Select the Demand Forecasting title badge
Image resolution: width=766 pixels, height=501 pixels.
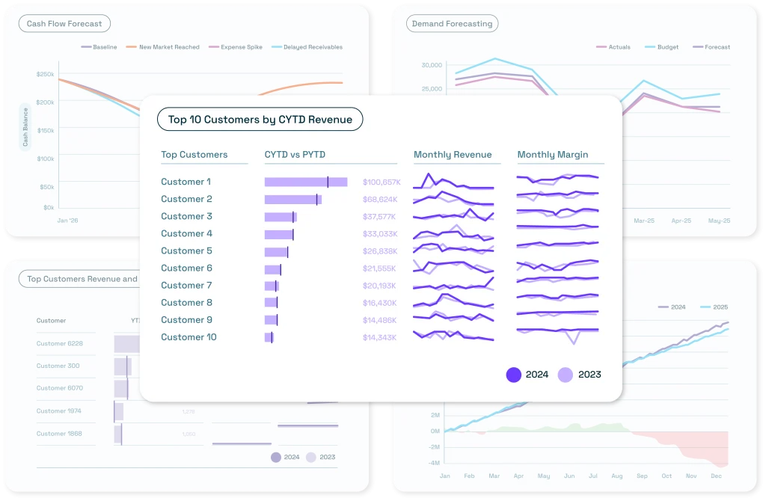coord(452,24)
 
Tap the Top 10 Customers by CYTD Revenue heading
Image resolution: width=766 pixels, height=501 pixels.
coord(260,120)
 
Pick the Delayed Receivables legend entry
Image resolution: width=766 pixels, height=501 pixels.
coord(306,47)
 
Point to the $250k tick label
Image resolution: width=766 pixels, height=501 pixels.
coord(45,74)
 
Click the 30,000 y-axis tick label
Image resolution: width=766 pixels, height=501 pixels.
coord(432,65)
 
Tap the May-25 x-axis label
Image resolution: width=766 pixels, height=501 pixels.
coord(719,221)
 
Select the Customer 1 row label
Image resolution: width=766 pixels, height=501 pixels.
coord(186,182)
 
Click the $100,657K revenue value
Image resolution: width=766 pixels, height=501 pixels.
coord(382,182)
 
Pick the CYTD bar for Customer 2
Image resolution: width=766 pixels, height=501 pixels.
coord(292,200)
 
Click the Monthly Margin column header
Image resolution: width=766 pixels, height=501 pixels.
coord(552,155)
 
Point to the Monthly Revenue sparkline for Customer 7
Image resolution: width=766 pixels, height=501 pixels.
coord(453,285)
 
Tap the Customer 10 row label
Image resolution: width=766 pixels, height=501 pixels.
coord(189,337)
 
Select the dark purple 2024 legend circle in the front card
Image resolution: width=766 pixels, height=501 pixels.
coord(514,375)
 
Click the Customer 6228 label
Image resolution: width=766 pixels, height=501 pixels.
coord(60,344)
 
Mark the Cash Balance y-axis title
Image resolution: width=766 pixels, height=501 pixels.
coord(25,127)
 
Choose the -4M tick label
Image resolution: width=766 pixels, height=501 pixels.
coord(435,463)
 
